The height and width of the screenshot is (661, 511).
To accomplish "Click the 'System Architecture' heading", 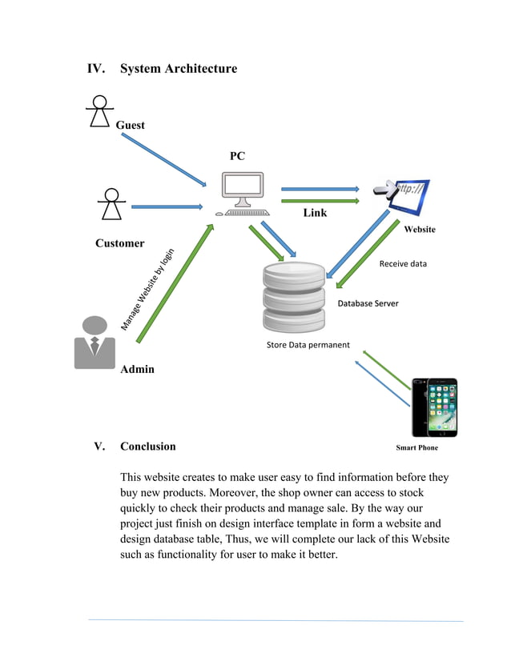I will coord(178,69).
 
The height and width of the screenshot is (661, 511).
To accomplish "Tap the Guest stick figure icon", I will coord(98,111).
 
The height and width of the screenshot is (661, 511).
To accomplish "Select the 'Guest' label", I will coord(130,126).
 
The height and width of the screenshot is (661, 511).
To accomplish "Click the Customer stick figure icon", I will coord(111,204).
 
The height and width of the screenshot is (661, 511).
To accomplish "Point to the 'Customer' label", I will coord(119,243).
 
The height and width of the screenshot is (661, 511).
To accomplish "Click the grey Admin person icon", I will coord(95,342).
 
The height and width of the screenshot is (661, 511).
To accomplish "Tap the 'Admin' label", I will coord(137,370).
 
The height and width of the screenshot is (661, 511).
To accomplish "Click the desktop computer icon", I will coord(243,195).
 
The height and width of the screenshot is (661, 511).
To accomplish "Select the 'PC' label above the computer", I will coord(237,157).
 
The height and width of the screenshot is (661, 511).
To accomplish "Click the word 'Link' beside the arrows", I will coord(315,214).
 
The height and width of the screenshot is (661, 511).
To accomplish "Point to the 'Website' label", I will coord(419,230).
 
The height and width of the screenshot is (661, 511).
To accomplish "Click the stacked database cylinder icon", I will coord(295,294).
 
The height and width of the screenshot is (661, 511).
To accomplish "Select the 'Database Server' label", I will coord(368,303).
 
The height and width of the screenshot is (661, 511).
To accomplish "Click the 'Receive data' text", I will coord(403,263).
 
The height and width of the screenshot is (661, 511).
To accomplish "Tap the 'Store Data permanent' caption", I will coord(308,345).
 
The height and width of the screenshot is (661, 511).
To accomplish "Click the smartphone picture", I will coord(434,407).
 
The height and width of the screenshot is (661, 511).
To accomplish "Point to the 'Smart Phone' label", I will coord(416,448).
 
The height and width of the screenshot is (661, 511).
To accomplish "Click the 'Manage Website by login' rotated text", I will coord(148,289).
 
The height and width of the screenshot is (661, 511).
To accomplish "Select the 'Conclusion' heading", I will coord(147,447).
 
